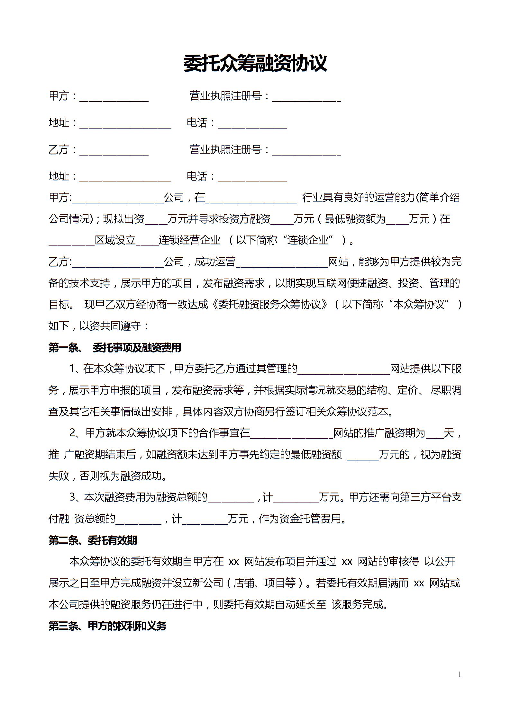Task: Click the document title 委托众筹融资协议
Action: tap(255, 64)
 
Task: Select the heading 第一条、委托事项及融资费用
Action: tap(115, 348)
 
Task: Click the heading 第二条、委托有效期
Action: tap(93, 540)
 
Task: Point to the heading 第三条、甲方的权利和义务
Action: tap(107, 626)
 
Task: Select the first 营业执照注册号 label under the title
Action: tap(226, 96)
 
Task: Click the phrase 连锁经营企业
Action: tap(189, 240)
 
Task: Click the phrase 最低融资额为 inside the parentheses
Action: tap(355, 219)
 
